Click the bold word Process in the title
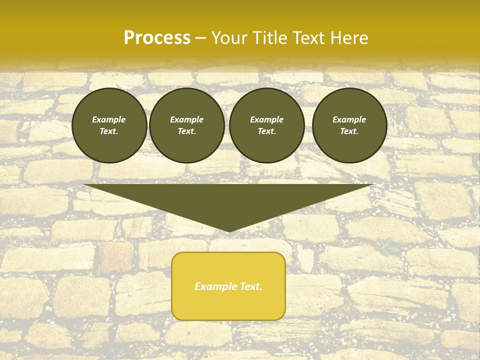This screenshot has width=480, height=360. (x=157, y=38)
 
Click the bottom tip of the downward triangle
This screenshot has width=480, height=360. (x=228, y=230)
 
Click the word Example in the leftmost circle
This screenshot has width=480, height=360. (x=109, y=119)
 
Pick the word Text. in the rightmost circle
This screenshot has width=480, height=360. (x=349, y=131)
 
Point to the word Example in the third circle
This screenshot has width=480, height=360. (x=266, y=119)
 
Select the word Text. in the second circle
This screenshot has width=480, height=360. (x=186, y=131)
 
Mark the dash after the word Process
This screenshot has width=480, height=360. (x=200, y=38)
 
